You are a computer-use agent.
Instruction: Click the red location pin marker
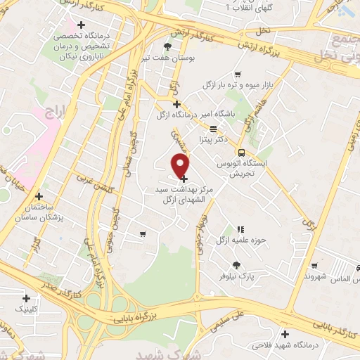coord(181,166)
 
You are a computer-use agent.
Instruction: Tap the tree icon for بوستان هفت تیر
coord(167,46)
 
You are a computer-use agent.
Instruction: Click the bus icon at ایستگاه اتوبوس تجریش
coord(241,152)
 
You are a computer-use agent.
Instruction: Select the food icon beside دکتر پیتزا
coord(213,128)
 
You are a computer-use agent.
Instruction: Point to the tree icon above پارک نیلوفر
coord(236,265)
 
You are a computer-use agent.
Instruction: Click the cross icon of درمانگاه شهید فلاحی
coord(285,335)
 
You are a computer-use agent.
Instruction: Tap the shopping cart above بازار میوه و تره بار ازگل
coord(238,75)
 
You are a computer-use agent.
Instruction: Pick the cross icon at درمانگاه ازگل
coord(176,104)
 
